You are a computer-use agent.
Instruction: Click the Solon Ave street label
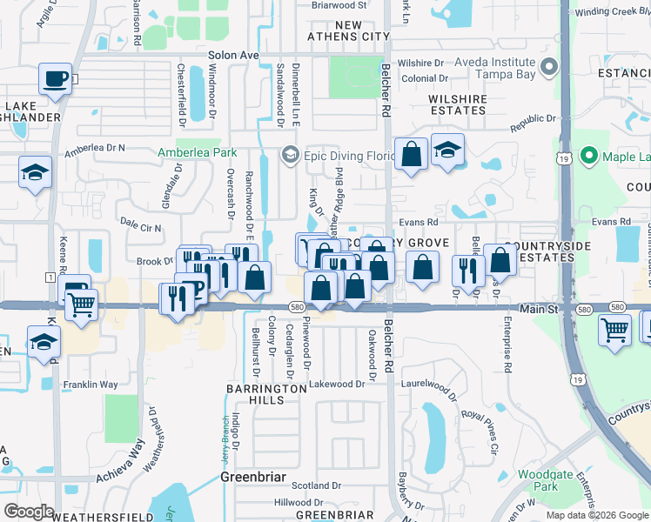(233, 55)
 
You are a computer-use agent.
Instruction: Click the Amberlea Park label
(197, 151)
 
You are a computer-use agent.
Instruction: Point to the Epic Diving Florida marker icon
(289, 156)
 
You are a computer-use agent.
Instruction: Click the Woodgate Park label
(545, 480)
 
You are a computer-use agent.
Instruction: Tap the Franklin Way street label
(90, 384)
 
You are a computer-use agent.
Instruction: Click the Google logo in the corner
(29, 512)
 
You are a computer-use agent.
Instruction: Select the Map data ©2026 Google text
(596, 515)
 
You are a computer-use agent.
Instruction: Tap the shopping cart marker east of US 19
(615, 331)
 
